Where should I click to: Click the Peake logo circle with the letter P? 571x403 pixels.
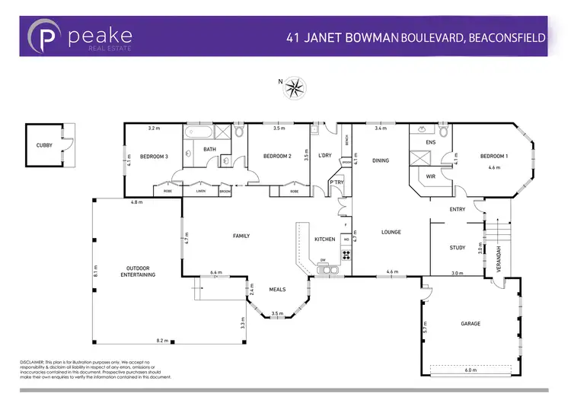tap(46, 36)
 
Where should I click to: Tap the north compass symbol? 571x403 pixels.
tap(293, 88)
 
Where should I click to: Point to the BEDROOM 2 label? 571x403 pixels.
tap(278, 156)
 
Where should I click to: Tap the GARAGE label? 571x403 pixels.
tap(471, 323)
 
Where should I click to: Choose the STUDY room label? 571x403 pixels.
tap(458, 247)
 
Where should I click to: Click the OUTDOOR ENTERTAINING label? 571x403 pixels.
tap(138, 271)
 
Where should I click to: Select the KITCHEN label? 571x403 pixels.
tap(325, 240)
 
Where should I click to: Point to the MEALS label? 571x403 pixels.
tap(278, 290)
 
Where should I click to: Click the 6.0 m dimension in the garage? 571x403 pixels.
tap(471, 370)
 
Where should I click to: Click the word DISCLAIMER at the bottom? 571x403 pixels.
tap(33, 361)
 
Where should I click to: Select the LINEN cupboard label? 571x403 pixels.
tap(200, 192)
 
